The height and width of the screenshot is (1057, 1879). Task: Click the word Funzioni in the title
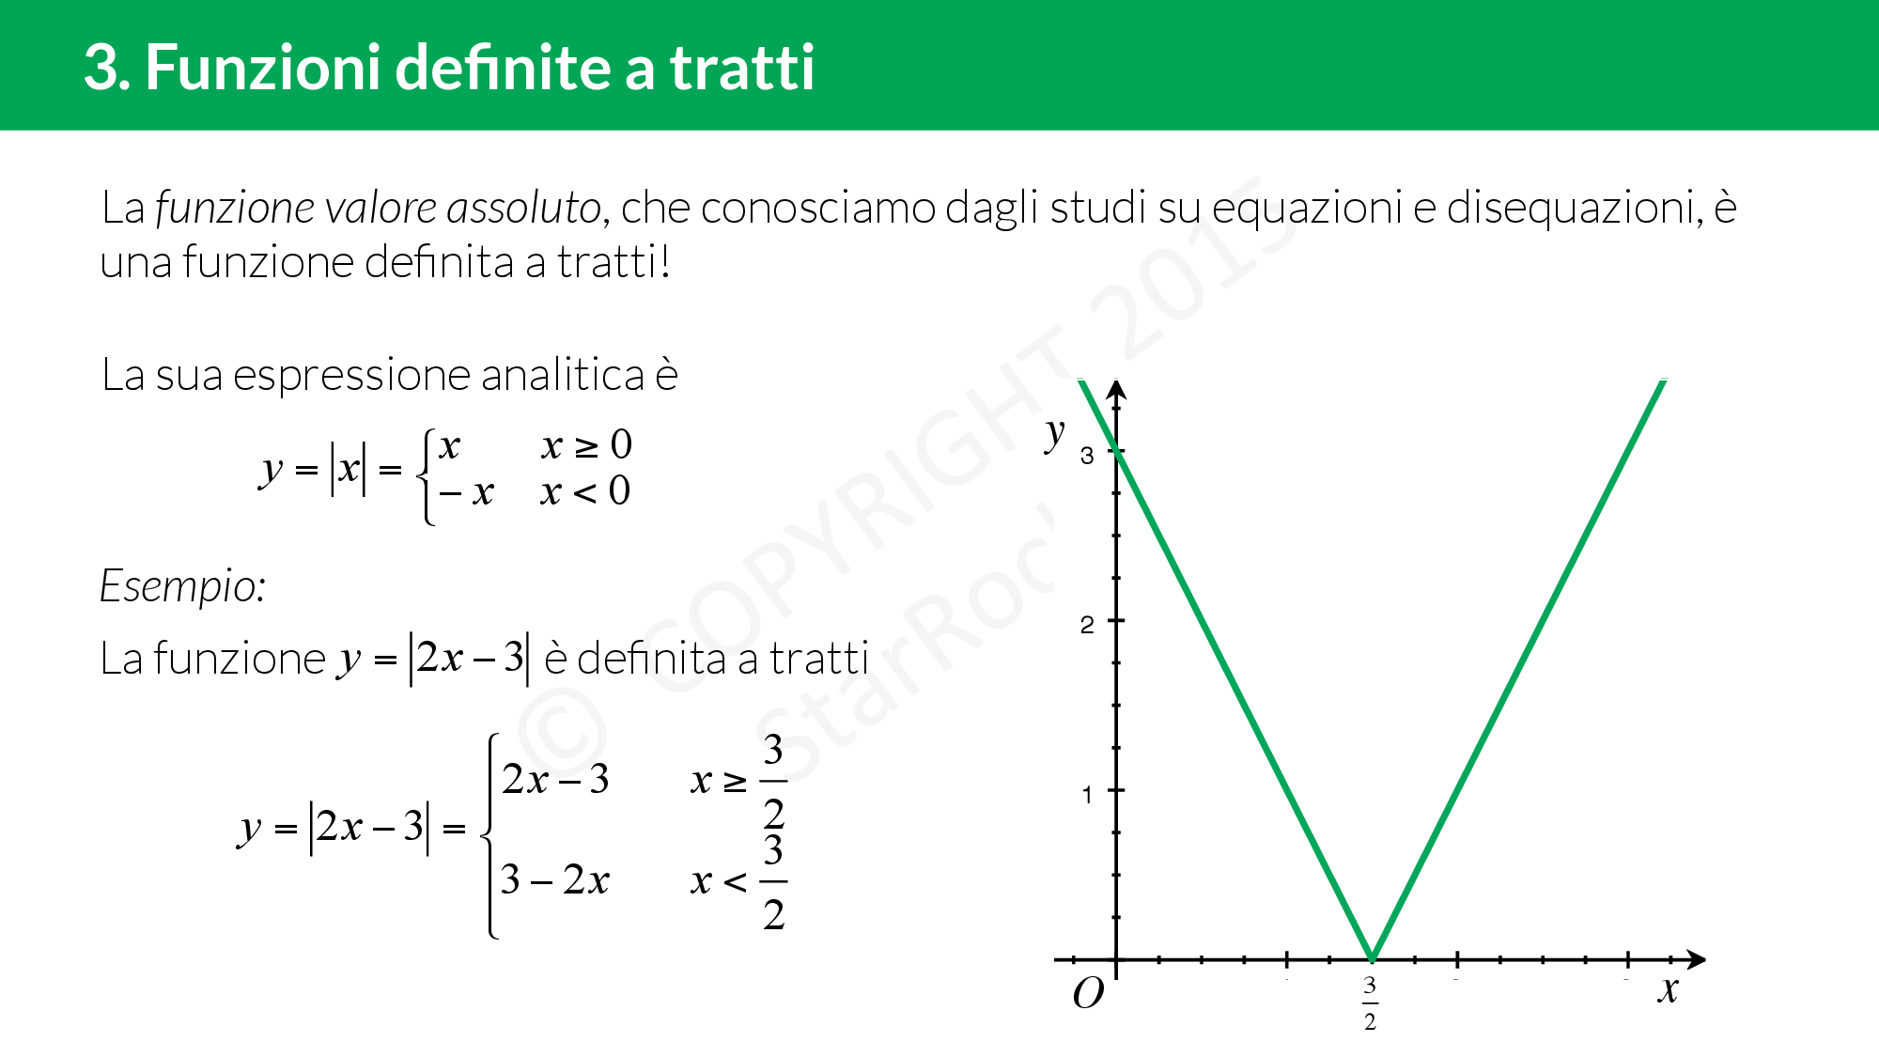[261, 68]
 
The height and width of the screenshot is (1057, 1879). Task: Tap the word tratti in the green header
[741, 68]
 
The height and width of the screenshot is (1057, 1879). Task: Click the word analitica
[563, 375]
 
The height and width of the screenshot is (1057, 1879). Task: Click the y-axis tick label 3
[1087, 456]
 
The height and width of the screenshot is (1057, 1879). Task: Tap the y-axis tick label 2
[1087, 625]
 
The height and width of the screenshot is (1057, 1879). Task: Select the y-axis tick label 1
[1087, 795]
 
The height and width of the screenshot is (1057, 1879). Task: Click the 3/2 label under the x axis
[1370, 1003]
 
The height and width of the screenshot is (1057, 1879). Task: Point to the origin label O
[1088, 993]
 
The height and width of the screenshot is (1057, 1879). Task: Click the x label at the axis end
[1668, 989]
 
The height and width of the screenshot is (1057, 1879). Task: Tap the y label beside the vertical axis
[1055, 434]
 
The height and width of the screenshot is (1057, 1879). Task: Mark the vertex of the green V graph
[1372, 958]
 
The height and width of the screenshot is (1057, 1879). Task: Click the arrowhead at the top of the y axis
[1116, 390]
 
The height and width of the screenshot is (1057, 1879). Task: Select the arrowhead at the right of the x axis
[1696, 959]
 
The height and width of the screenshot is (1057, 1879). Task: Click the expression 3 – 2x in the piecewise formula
[554, 880]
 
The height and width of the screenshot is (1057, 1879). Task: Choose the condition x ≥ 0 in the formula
[586, 445]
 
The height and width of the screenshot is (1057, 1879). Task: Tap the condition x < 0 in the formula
[584, 491]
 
